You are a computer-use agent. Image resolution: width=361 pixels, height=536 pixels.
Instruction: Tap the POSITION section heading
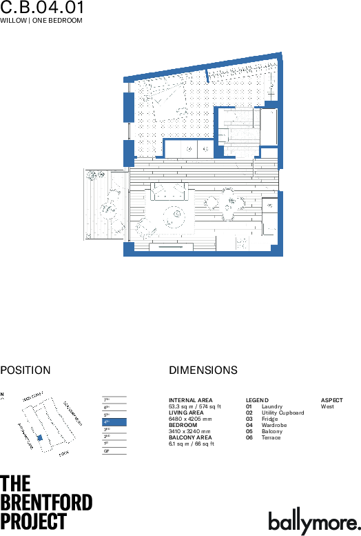pyautogui.click(x=25, y=370)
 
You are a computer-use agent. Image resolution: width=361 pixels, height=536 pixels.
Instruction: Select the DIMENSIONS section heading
pyautogui.click(x=203, y=370)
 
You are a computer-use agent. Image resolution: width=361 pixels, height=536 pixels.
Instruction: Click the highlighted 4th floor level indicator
pyautogui.click(x=114, y=421)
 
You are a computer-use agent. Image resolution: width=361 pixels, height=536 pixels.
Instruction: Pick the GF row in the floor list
pyautogui.click(x=114, y=451)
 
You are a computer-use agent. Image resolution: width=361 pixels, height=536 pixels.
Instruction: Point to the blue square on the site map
pyautogui.click(x=39, y=438)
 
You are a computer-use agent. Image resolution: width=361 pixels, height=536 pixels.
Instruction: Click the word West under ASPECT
pyautogui.click(x=327, y=407)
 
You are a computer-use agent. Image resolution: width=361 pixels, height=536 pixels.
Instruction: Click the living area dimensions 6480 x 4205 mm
pyautogui.click(x=190, y=419)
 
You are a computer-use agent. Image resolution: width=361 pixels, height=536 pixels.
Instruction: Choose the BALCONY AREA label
pyautogui.click(x=190, y=437)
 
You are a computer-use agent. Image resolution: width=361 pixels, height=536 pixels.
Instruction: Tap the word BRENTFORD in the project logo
pyautogui.click(x=46, y=502)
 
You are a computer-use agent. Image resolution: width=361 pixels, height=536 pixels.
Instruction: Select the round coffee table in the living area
pyautogui.click(x=173, y=217)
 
